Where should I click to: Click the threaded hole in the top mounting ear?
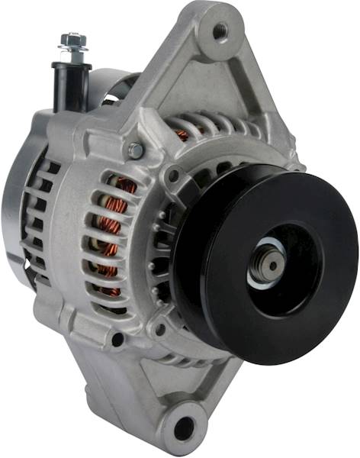tap(220, 31)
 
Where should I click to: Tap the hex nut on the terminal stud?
tap(72, 39)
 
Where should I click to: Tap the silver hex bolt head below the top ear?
tap(136, 150)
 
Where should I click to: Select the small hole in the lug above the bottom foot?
tap(117, 338)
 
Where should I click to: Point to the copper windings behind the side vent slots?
tap(111, 229)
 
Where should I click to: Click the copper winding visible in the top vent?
tap(182, 135)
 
